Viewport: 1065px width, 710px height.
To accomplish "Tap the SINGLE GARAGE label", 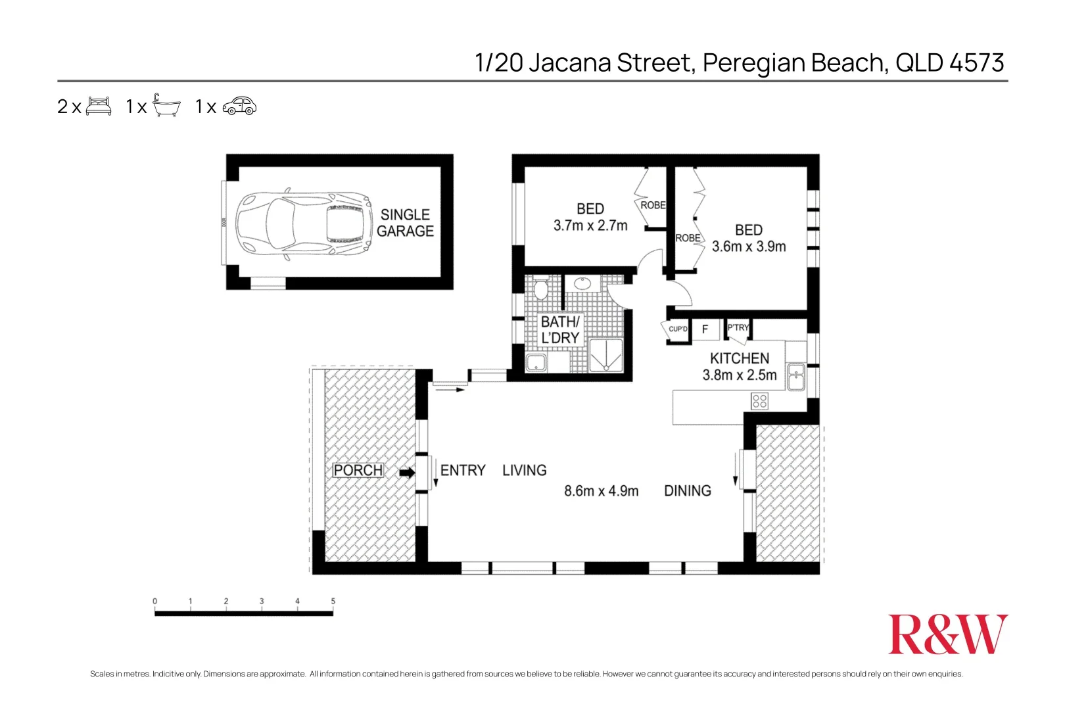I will click(405, 223).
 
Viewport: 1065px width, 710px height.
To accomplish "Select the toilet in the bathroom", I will click(541, 288).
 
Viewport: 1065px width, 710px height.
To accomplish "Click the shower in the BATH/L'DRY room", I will click(605, 356).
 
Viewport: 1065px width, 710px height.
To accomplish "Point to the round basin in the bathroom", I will click(582, 284).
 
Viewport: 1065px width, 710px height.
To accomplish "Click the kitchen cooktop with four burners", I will click(759, 400).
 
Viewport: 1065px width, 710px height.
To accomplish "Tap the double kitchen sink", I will click(795, 376).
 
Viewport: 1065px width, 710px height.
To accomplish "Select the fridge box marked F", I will click(705, 329).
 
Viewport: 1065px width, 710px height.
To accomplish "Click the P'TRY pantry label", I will click(738, 327).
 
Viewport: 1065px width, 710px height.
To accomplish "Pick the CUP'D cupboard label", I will click(678, 329).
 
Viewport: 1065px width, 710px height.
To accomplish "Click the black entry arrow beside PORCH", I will click(408, 472).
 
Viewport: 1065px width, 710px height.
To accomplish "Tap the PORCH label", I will click(358, 471).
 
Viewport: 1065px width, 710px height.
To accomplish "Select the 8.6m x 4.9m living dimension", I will click(601, 491).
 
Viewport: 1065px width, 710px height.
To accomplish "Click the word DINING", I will click(687, 491).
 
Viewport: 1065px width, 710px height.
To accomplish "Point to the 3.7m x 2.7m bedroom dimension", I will click(590, 225).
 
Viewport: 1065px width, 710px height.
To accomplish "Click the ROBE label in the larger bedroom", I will click(688, 238).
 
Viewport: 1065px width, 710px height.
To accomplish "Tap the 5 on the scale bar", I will click(333, 601).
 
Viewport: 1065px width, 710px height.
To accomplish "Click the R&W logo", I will click(947, 634).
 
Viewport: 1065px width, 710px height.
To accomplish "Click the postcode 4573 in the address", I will click(977, 63).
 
